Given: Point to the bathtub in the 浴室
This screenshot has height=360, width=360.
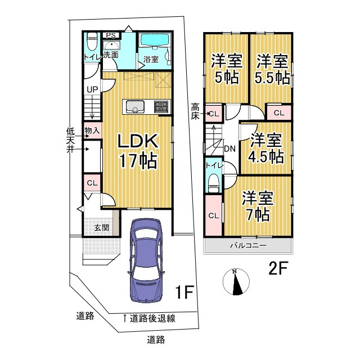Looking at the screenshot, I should pyautogui.click(x=155, y=42).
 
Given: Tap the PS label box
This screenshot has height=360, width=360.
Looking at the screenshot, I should pyautogui.click(x=110, y=35).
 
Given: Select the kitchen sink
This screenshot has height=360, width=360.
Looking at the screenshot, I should pyautogui.click(x=136, y=106).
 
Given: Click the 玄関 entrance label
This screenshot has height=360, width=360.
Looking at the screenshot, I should pyautogui.click(x=101, y=227).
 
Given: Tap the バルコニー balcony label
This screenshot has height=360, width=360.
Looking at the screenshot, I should pyautogui.click(x=247, y=246).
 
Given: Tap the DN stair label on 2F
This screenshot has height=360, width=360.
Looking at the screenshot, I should pyautogui.click(x=229, y=149).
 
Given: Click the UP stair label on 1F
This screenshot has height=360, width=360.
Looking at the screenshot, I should pyautogui.click(x=92, y=88).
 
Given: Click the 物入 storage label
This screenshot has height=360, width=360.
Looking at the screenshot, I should pyautogui.click(x=92, y=130).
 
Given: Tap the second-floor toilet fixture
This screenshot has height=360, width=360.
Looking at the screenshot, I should pyautogui.click(x=213, y=179).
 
